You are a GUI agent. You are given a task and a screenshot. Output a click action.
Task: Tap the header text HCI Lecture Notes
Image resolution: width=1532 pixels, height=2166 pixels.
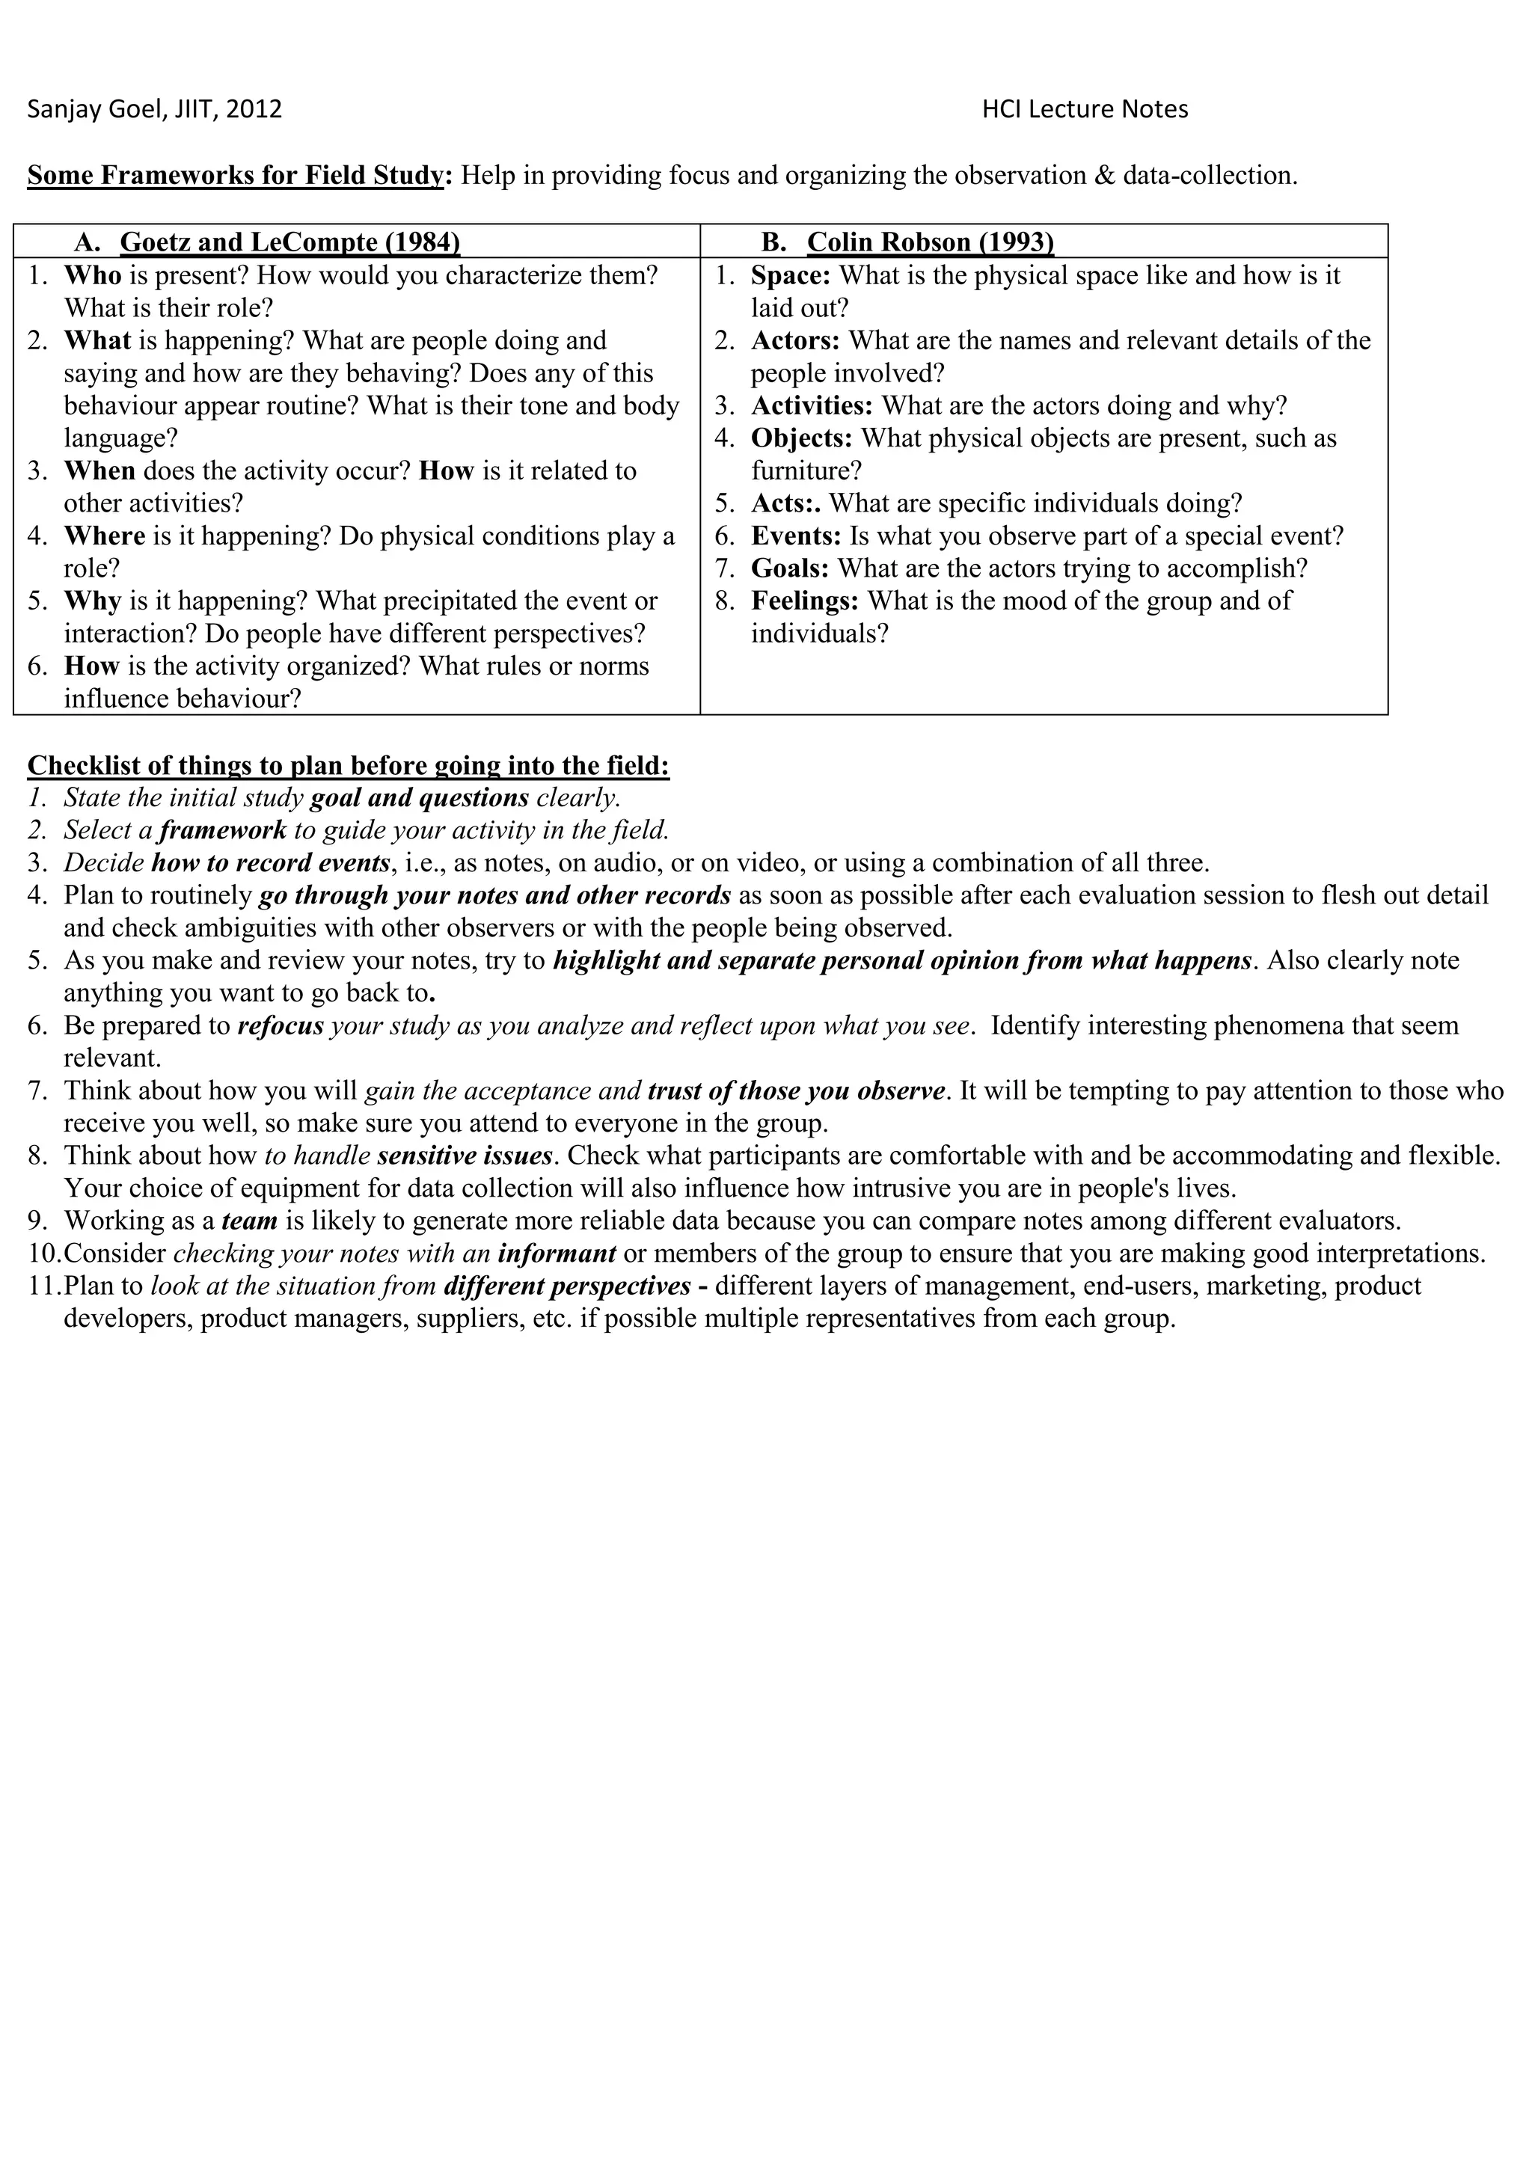point(1084,109)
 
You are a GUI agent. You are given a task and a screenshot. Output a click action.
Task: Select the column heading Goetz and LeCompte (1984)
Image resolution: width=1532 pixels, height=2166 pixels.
point(289,242)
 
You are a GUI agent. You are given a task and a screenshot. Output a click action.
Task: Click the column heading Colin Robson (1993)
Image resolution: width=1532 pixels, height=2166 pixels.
point(929,242)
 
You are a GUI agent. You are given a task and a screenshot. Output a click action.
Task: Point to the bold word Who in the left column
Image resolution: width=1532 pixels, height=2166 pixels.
point(93,275)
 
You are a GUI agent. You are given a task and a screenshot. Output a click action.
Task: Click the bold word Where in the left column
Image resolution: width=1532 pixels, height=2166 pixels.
point(104,536)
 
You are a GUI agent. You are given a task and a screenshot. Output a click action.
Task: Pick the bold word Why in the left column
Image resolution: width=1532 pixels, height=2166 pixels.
point(93,601)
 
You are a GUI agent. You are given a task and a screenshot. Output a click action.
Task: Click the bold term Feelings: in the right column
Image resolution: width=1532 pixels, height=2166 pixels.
point(803,601)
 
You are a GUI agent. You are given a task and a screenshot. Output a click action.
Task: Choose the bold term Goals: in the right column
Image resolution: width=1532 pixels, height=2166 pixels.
point(788,568)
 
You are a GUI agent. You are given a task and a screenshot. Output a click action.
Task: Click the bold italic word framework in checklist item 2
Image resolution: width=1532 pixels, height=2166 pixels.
point(223,830)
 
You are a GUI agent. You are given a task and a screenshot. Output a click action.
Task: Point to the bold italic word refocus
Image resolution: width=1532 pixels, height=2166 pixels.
point(281,1025)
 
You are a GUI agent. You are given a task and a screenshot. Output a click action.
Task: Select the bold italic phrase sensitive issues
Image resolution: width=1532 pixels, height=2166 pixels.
point(464,1156)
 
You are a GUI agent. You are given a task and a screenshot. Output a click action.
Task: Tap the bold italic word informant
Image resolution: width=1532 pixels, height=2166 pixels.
point(557,1254)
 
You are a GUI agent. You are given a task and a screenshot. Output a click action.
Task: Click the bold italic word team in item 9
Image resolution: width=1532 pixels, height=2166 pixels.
point(249,1221)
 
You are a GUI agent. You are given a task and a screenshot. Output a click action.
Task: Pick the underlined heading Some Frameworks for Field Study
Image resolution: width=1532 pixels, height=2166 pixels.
point(235,176)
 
